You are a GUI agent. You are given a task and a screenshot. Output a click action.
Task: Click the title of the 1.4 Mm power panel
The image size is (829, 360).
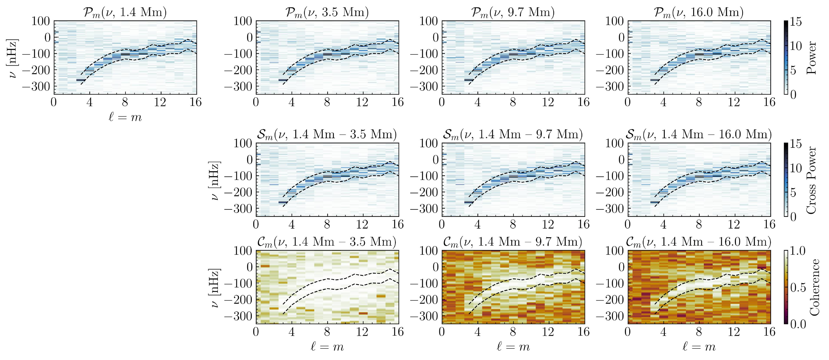pyautogui.click(x=125, y=12)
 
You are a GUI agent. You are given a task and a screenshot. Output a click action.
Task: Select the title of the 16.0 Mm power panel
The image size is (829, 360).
pyautogui.click(x=699, y=12)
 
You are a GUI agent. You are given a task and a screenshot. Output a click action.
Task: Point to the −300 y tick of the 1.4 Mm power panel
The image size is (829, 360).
pyautogui.click(x=40, y=87)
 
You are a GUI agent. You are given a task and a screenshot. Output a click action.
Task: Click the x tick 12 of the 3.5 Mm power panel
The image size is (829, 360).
pyautogui.click(x=363, y=102)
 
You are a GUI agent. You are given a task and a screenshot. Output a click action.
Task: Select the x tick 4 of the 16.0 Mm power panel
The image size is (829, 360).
pyautogui.click(x=663, y=102)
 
